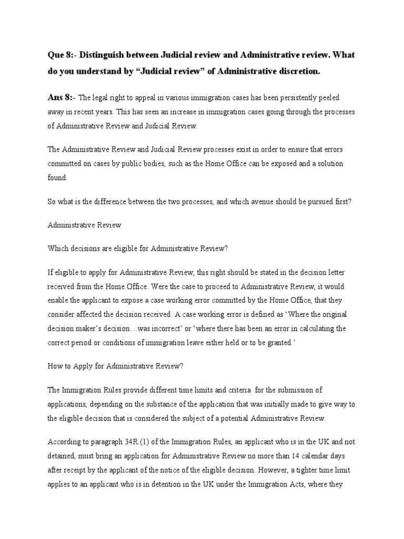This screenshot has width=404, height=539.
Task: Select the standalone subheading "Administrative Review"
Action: [x=84, y=225]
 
